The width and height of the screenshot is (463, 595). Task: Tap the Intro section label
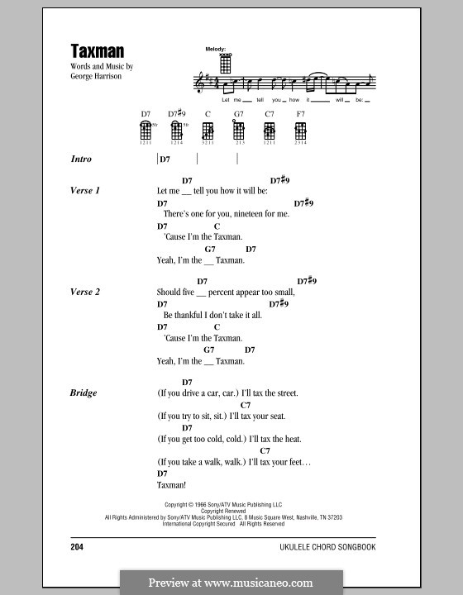81,159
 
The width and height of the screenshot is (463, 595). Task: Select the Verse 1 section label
85,191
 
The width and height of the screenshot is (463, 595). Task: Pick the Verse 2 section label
85,292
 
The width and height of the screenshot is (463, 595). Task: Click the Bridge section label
84,393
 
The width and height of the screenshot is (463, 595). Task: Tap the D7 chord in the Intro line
165,159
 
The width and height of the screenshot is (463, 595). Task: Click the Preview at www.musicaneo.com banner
231,582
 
